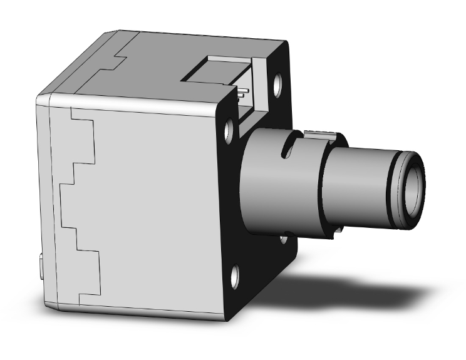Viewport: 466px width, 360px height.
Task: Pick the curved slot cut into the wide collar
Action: click(287, 150)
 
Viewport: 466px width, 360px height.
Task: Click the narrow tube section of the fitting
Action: click(357, 185)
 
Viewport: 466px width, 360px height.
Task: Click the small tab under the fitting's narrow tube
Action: click(337, 233)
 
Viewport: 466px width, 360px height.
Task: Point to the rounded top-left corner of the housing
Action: click(41, 99)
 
